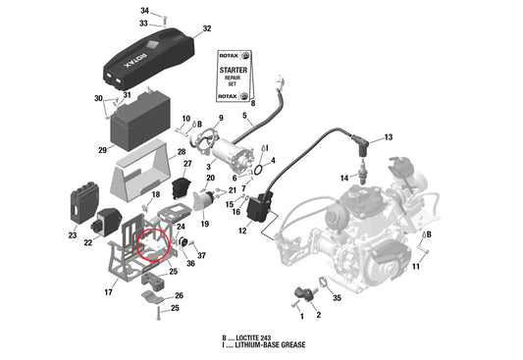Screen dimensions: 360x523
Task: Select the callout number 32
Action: click(x=206, y=28)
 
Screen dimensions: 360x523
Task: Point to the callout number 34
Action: click(x=144, y=10)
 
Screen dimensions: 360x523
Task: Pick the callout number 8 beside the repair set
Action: click(x=252, y=102)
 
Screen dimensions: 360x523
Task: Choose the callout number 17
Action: click(x=108, y=291)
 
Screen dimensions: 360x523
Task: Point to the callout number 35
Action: click(x=337, y=295)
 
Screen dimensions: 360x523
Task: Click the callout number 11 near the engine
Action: click(x=416, y=266)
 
